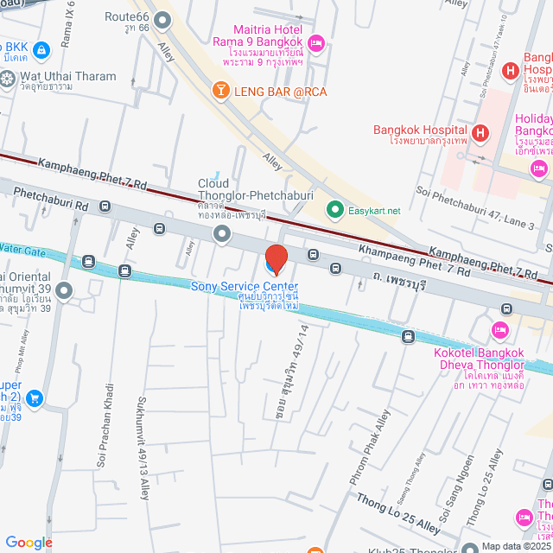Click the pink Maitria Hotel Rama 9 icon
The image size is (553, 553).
[316, 41]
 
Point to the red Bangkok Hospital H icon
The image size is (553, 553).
[480, 133]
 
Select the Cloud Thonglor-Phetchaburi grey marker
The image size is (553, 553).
[223, 232]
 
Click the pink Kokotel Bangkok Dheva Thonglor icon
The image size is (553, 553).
[499, 330]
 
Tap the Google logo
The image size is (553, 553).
[29, 542]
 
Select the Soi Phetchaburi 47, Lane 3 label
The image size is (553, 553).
[476, 209]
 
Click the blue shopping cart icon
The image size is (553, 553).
[35, 398]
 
